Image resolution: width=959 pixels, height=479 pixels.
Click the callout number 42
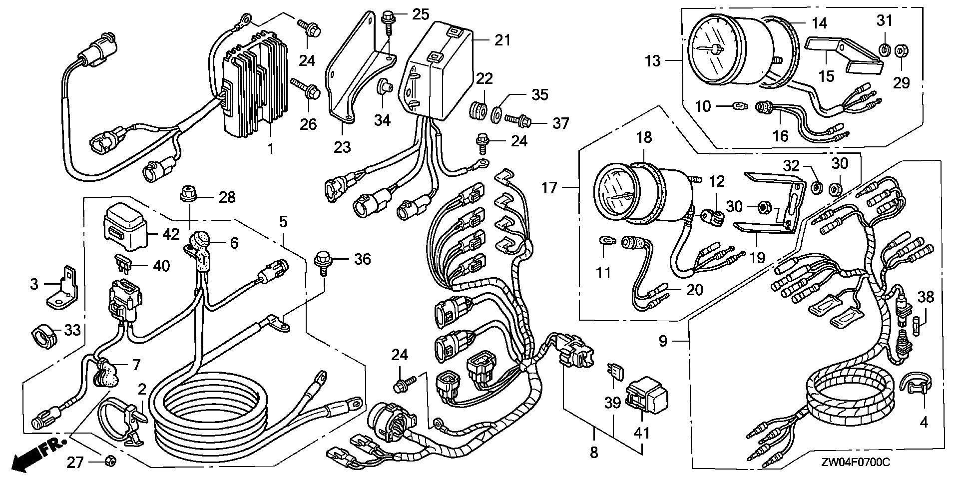(171, 234)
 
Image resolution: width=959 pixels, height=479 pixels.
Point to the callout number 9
(663, 342)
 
